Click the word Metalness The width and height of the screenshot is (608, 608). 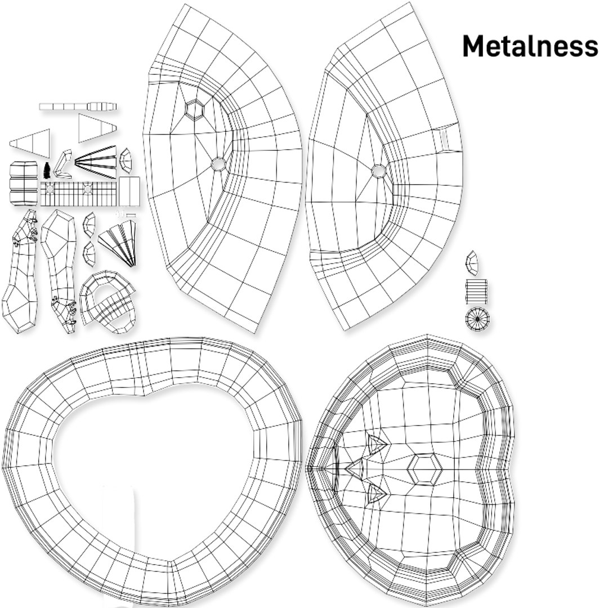coord(530,46)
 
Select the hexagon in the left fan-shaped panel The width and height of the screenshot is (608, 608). coord(195,108)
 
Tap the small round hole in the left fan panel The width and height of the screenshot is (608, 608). coord(218,164)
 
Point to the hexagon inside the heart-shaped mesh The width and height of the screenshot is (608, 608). coord(425,469)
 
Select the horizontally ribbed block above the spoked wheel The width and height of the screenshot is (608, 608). coord(477,292)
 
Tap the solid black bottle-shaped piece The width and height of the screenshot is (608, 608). coord(47,171)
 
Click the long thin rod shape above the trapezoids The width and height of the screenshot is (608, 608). coord(78,106)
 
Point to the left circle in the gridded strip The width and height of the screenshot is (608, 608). coord(50,189)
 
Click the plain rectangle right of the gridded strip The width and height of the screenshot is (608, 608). coord(129,191)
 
